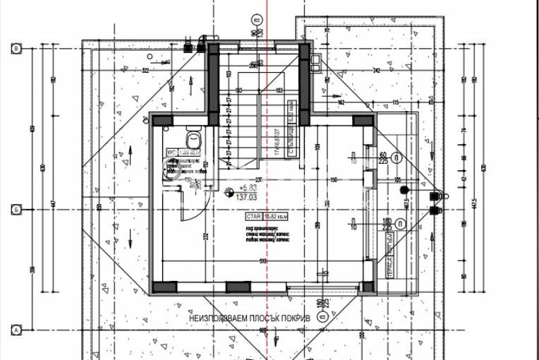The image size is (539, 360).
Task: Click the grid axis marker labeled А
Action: coord(15,329)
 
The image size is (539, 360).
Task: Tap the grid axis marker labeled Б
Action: coord(15,210)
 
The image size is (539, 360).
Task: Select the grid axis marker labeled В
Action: coord(15,49)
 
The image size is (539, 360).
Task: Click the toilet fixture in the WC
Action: coord(191,138)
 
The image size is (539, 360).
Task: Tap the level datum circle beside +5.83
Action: coord(229,191)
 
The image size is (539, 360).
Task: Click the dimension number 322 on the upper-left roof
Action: coord(145,71)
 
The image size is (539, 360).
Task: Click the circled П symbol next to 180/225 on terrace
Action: coord(401,224)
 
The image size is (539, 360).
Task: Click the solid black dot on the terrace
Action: coord(404,189)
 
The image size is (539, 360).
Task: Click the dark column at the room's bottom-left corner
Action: coord(165,287)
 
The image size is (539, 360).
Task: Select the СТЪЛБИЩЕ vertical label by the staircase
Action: coord(290,114)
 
